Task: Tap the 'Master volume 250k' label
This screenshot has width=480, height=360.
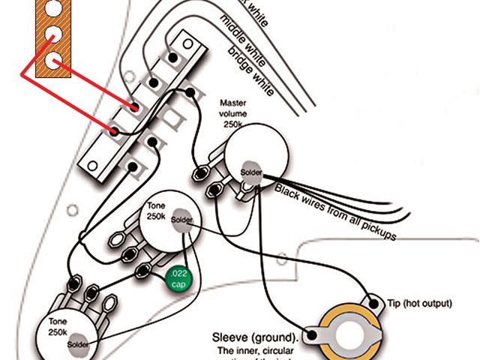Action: click(x=235, y=113)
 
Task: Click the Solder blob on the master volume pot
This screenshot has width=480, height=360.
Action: click(x=251, y=172)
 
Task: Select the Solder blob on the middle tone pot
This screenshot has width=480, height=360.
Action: click(x=181, y=220)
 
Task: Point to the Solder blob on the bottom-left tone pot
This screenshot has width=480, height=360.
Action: click(x=78, y=344)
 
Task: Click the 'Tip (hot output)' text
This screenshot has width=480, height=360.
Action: click(x=420, y=304)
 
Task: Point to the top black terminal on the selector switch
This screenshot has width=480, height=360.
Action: click(x=173, y=57)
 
